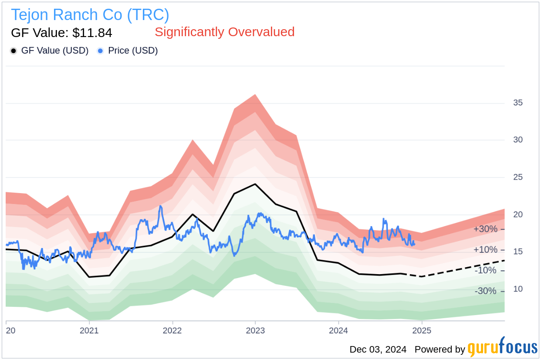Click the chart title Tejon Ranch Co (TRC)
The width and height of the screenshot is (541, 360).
click(x=90, y=15)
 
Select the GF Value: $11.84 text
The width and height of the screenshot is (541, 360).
click(x=61, y=33)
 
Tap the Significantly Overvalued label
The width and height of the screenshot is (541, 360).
click(x=224, y=32)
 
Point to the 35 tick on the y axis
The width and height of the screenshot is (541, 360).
click(x=517, y=103)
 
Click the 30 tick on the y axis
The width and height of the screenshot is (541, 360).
click(x=517, y=140)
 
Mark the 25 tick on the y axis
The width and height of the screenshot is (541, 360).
click(x=517, y=177)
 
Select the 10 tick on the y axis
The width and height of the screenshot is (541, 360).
click(x=517, y=289)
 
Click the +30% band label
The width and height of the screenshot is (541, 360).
click(x=485, y=229)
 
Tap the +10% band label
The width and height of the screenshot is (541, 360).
click(x=485, y=250)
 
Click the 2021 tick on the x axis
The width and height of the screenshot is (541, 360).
click(x=89, y=330)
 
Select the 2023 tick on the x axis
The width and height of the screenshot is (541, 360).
click(x=255, y=330)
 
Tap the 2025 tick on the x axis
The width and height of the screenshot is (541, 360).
click(x=422, y=330)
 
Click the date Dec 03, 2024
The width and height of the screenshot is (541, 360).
click(x=378, y=350)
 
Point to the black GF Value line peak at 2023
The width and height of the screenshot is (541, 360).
click(x=255, y=184)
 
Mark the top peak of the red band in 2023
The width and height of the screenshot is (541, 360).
click(x=255, y=95)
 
